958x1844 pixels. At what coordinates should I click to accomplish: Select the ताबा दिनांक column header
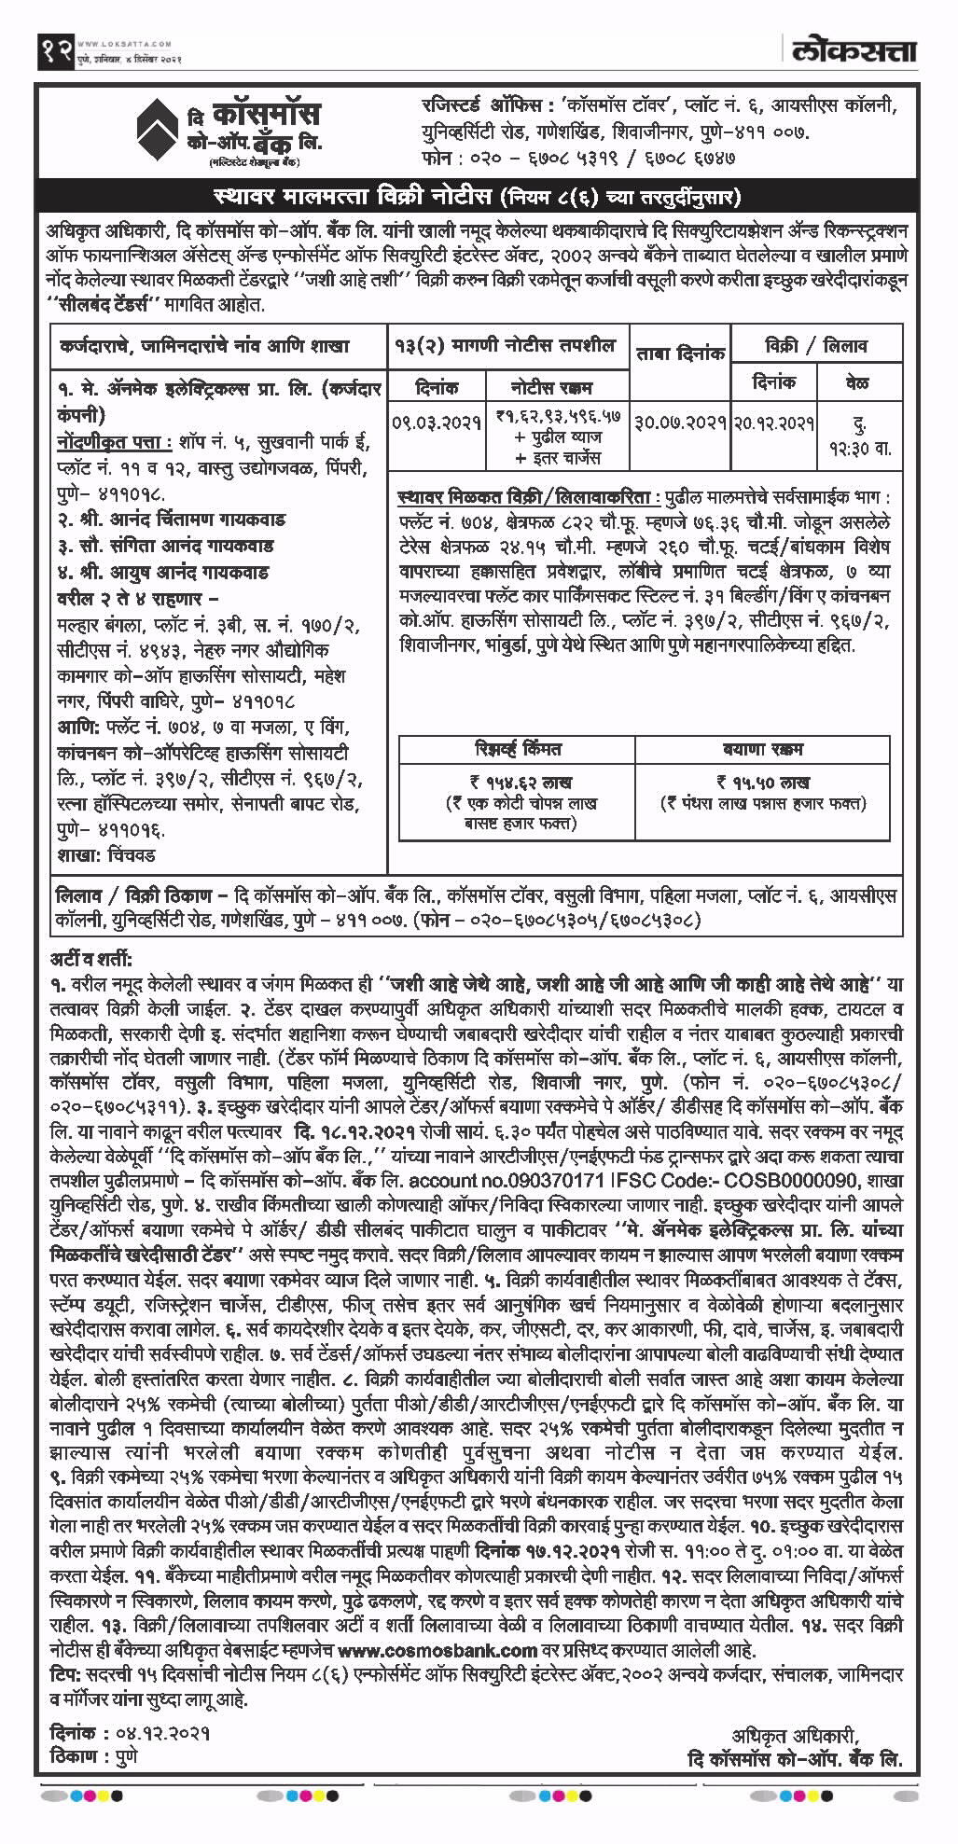680,353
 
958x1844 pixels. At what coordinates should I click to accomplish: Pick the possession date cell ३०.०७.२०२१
680,423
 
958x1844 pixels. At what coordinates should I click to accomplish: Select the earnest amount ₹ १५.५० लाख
762,782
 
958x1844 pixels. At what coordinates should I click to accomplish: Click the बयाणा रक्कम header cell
762,749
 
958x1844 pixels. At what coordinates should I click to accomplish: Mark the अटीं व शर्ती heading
92,959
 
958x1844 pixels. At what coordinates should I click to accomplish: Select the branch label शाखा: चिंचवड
105,855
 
